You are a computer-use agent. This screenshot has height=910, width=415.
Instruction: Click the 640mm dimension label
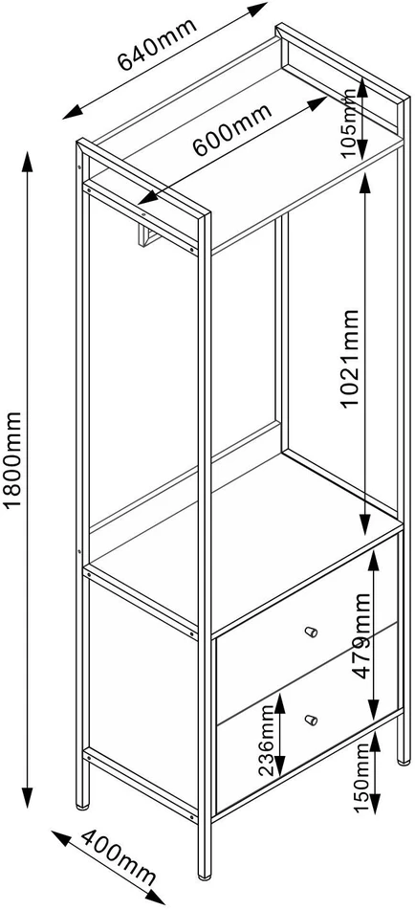[x=157, y=45]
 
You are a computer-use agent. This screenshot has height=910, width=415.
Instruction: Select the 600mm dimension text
[x=231, y=130]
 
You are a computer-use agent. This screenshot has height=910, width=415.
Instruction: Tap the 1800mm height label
[x=12, y=459]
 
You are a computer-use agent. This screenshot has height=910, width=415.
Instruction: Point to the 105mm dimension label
[x=350, y=123]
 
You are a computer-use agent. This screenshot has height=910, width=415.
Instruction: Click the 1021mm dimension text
[x=350, y=359]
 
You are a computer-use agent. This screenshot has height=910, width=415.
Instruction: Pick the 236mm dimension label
[x=266, y=741]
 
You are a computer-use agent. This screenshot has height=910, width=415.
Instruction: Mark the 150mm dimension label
[x=361, y=778]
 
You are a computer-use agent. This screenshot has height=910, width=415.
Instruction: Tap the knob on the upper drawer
[x=312, y=632]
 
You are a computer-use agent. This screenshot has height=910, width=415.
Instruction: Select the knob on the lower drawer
[x=312, y=721]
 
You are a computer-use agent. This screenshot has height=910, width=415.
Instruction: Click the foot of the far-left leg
[x=83, y=805]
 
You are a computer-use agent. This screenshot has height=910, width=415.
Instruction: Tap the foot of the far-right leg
[x=404, y=759]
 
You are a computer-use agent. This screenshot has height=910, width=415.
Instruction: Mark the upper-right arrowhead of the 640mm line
[x=257, y=9]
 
